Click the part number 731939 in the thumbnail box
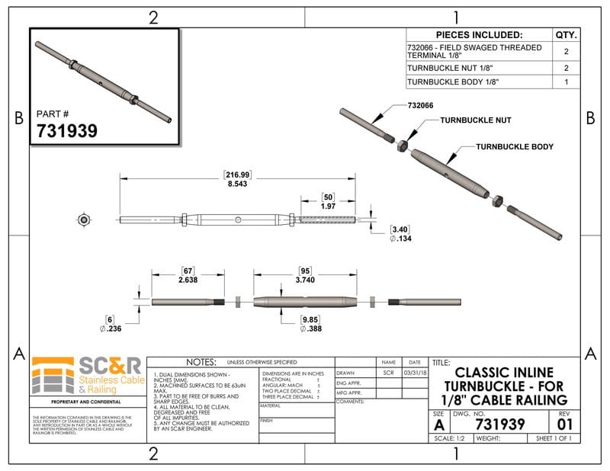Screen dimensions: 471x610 tap(67, 130)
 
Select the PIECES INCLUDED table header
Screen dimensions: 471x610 tap(478, 35)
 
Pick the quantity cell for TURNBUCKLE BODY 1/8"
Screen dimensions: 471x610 tap(566, 82)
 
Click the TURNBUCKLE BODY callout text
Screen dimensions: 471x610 tap(515, 146)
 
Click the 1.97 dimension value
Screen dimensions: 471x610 tap(328, 206)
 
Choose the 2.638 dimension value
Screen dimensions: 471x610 tap(188, 280)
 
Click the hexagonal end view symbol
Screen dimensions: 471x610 tap(83, 220)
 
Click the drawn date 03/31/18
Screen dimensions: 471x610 tap(414, 373)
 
